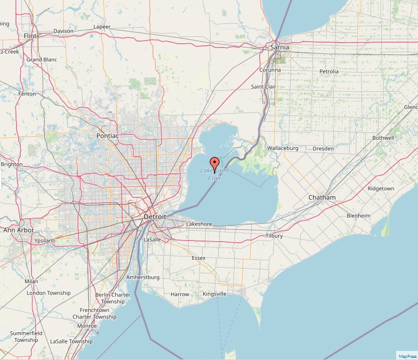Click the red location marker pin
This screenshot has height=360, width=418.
pos(215,164)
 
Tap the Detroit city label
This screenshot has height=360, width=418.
pos(155,217)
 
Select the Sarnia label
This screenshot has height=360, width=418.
pos(280,47)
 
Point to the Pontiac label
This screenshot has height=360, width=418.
pos(107,135)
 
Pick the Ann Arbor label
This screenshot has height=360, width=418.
pos(19,230)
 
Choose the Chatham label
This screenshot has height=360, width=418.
pos(322,198)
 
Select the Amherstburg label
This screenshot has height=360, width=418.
pos(143,278)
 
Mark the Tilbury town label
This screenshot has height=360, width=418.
pos(274,236)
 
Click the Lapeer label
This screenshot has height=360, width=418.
pos(102,27)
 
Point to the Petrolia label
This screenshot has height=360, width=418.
pos(329,71)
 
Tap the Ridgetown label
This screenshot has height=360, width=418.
pos(381,189)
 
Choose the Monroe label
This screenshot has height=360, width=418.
pos(87,325)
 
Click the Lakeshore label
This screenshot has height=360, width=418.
pos(199,225)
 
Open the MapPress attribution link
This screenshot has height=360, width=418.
pos(407,356)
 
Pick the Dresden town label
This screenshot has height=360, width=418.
pos(323,148)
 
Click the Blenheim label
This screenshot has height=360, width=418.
pos(358,215)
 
